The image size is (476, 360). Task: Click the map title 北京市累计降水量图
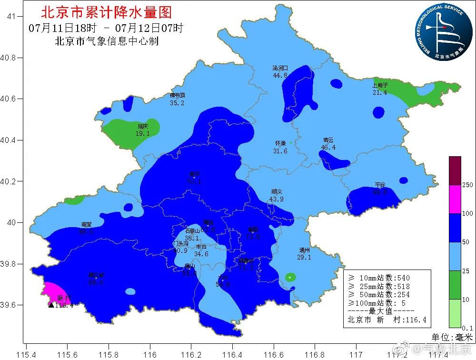[x=107, y=12]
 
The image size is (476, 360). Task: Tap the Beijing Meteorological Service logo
[x=440, y=33]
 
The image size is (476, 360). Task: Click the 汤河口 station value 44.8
[x=280, y=75]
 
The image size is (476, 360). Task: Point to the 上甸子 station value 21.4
[x=380, y=92]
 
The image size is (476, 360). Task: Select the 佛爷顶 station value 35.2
[x=177, y=103]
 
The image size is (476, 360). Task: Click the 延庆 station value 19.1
[x=142, y=134]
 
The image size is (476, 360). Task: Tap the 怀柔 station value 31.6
[x=280, y=151]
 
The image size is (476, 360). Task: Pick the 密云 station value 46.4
[x=328, y=148]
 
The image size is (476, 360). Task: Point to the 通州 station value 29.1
[x=304, y=257]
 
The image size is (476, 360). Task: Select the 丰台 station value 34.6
[x=201, y=254]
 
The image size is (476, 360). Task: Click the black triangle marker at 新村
[x=51, y=305]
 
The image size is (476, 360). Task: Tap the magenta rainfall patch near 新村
[x=55, y=291]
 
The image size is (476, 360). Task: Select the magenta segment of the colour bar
[x=455, y=199]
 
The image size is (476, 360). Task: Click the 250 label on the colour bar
[x=468, y=185]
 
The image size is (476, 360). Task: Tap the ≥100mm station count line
[x=378, y=303]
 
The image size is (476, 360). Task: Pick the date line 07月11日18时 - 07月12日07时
[x=106, y=28]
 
